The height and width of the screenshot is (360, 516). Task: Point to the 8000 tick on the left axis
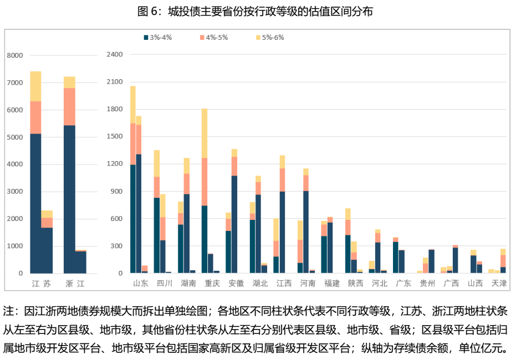15,55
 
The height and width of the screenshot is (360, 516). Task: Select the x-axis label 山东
140,284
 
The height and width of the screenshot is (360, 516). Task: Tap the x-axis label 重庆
212,284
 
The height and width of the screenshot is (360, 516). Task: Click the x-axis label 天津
499,284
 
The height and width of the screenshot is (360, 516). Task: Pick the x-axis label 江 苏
41,284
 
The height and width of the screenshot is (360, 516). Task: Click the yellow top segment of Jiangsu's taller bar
35,86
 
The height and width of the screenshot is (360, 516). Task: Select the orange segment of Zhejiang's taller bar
69,106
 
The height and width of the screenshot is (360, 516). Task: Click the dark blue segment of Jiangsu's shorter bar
47,250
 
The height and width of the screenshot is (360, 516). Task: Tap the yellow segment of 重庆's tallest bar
205,133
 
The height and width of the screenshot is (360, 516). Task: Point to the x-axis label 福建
331,284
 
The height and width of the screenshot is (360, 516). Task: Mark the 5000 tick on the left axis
15,137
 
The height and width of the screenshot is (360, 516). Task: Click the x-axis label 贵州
427,284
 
